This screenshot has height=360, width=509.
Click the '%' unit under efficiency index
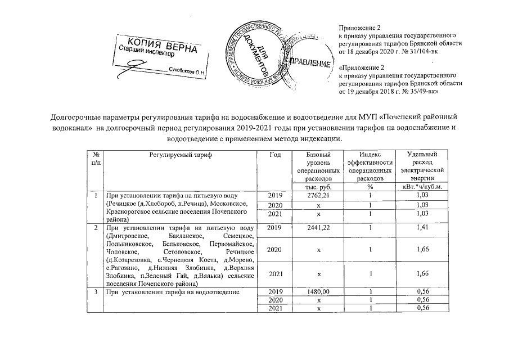[370, 186]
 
